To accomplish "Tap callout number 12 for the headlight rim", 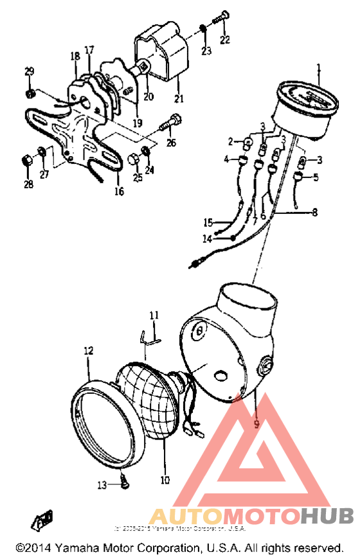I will tap(88, 351).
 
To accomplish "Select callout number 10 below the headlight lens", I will tap(165, 479).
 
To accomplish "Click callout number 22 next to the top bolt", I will tap(224, 40).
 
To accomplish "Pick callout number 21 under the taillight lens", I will tap(178, 98).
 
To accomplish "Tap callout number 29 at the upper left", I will tap(29, 71).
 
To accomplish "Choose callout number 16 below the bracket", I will tap(119, 191).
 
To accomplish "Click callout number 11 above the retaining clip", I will tap(154, 315).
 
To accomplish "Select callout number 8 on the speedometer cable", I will tap(314, 211).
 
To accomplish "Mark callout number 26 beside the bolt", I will tap(170, 143).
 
